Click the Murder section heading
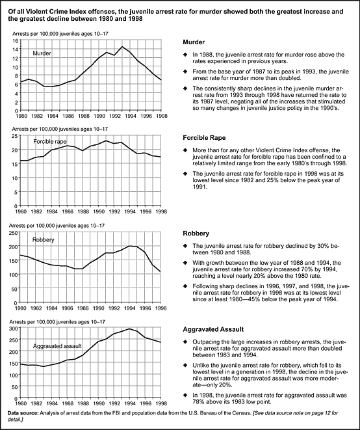click(194, 42)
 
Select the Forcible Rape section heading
click(204, 138)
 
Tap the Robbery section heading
click(196, 234)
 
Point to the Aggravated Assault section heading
click(213, 329)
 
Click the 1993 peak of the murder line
click(122, 47)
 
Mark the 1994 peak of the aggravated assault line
click(129, 329)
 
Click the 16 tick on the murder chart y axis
click(16, 40)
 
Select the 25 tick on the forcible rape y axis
click(15, 136)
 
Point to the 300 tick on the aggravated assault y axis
click(14, 328)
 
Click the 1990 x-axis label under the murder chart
click(99, 116)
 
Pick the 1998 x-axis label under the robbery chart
click(161, 308)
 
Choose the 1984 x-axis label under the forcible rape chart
click(52, 211)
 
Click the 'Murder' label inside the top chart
click(42, 53)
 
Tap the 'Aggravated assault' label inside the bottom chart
click(57, 346)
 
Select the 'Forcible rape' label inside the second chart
click(50, 142)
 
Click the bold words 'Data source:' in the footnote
click(23, 413)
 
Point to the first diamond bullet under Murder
click(186, 55)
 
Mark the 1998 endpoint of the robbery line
click(161, 272)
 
